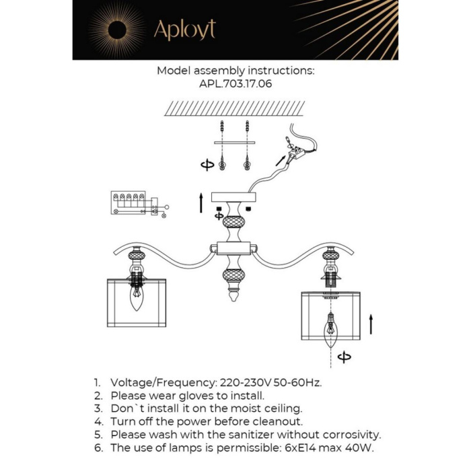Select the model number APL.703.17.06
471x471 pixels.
(x=235, y=85)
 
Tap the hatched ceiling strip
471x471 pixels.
(x=235, y=108)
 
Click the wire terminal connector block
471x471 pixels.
(x=293, y=155)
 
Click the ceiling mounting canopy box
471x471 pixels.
(x=235, y=197)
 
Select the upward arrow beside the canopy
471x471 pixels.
(x=201, y=203)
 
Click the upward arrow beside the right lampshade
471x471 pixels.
(x=370, y=324)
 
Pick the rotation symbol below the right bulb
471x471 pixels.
(x=345, y=357)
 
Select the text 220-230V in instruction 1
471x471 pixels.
(x=246, y=382)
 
